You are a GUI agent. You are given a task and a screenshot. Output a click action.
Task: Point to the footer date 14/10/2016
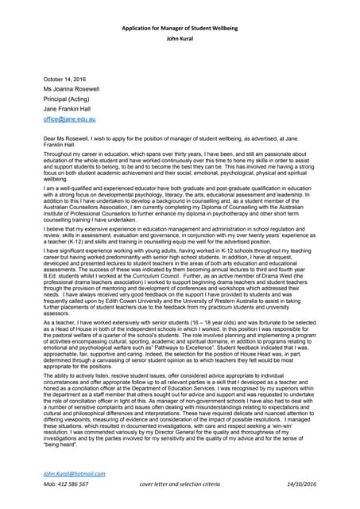click(297, 484)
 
